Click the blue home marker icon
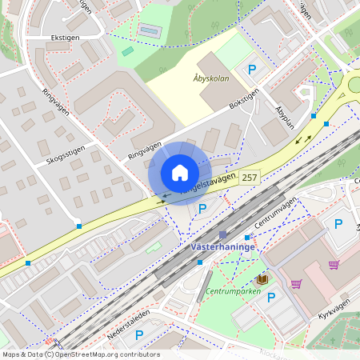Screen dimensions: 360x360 click(180, 173)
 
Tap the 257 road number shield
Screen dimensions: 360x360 click(250, 177)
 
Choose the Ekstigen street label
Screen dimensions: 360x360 click(66, 37)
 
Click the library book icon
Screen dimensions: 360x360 click(262, 279)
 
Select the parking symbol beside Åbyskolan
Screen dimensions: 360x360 click(252, 70)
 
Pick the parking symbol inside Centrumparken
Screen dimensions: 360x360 click(271, 298)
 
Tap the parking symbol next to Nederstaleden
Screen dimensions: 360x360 click(139, 335)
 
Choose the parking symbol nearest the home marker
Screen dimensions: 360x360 click(202, 209)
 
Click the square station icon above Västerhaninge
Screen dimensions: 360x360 click(223, 235)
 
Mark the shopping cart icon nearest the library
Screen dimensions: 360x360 click(296, 283)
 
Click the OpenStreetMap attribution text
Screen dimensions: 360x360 click(81, 354)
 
